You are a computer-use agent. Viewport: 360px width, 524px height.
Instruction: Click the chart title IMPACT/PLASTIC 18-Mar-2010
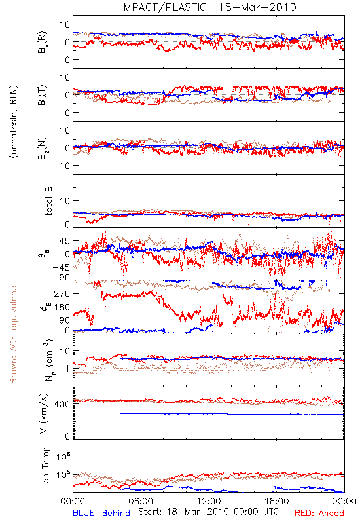click(x=208, y=7)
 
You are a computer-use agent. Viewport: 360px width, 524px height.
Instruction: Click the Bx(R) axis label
click(x=43, y=42)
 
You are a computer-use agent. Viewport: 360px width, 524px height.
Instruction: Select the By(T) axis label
click(x=43, y=95)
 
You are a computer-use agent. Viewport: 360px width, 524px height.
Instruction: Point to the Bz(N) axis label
click(x=43, y=148)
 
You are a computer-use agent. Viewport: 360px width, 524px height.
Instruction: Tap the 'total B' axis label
click(x=48, y=201)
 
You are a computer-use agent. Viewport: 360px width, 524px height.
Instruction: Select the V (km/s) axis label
click(x=44, y=413)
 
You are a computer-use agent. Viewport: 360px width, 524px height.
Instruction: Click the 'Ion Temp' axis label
click(x=45, y=466)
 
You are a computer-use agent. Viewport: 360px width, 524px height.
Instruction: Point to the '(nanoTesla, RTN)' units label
click(x=14, y=122)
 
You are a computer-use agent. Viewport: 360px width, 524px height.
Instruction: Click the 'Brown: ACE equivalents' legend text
click(x=13, y=333)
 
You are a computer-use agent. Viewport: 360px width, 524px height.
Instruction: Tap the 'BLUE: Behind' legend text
click(x=101, y=513)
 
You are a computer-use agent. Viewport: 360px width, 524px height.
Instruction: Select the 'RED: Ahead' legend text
click(x=319, y=513)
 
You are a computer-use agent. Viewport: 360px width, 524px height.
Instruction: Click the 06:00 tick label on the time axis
click(x=141, y=501)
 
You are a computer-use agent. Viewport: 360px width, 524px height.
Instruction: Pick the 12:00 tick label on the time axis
click(x=209, y=501)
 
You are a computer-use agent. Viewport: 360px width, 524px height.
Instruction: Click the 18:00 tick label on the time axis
click(x=277, y=501)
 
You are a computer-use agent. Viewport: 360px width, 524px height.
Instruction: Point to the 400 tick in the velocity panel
click(x=62, y=404)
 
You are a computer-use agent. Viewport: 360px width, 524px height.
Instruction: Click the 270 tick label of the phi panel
click(x=62, y=293)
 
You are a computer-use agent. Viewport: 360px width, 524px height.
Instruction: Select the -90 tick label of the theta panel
click(x=61, y=278)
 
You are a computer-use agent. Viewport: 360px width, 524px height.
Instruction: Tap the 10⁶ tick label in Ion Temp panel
click(x=63, y=456)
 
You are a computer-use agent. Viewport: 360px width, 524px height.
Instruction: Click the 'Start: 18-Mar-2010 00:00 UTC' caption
click(x=208, y=512)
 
